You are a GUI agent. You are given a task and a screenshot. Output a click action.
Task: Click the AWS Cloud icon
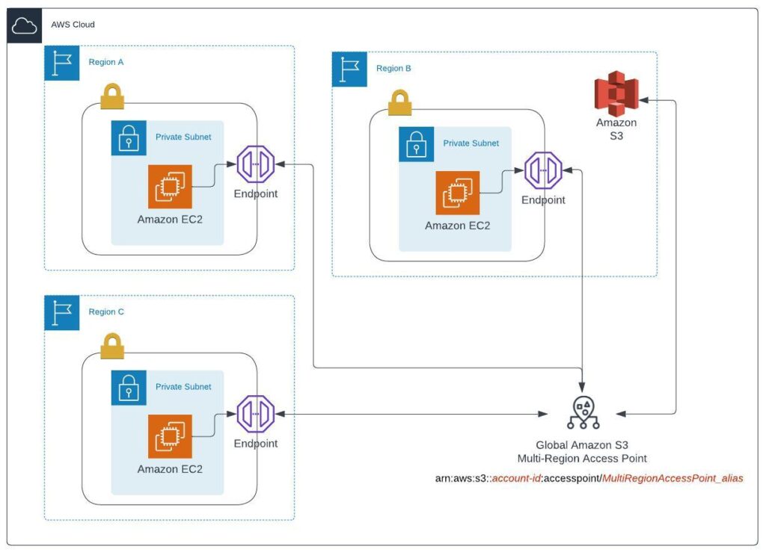pyautogui.click(x=25, y=24)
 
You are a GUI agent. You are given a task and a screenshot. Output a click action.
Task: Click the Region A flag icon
pyautogui.click(x=61, y=63)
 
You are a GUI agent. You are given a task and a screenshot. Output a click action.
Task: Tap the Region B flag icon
pyautogui.click(x=349, y=69)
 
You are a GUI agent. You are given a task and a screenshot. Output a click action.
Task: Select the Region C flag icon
pyautogui.click(x=61, y=312)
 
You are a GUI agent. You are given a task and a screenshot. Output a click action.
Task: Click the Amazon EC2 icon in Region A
pyautogui.click(x=170, y=187)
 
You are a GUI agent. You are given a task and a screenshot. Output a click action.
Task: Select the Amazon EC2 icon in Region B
pyautogui.click(x=457, y=193)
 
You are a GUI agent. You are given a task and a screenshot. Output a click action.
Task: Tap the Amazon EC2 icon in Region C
pyautogui.click(x=170, y=436)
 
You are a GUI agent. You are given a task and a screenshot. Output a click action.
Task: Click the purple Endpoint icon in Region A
pyautogui.click(x=256, y=165)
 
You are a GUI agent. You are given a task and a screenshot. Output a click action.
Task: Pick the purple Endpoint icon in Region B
pyautogui.click(x=543, y=171)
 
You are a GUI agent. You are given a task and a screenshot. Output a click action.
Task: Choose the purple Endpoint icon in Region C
pyautogui.click(x=256, y=415)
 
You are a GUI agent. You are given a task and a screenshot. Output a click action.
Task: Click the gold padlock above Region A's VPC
pyautogui.click(x=112, y=96)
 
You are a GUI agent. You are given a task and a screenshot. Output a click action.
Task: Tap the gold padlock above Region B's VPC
pyautogui.click(x=399, y=102)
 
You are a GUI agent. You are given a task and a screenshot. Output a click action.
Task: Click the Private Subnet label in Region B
pyautogui.click(x=471, y=143)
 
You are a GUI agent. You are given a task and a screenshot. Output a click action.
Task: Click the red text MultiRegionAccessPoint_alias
pyautogui.click(x=672, y=478)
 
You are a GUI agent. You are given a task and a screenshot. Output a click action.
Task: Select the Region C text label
pyautogui.click(x=106, y=312)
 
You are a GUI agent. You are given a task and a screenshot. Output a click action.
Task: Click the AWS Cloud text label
pyautogui.click(x=73, y=25)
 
